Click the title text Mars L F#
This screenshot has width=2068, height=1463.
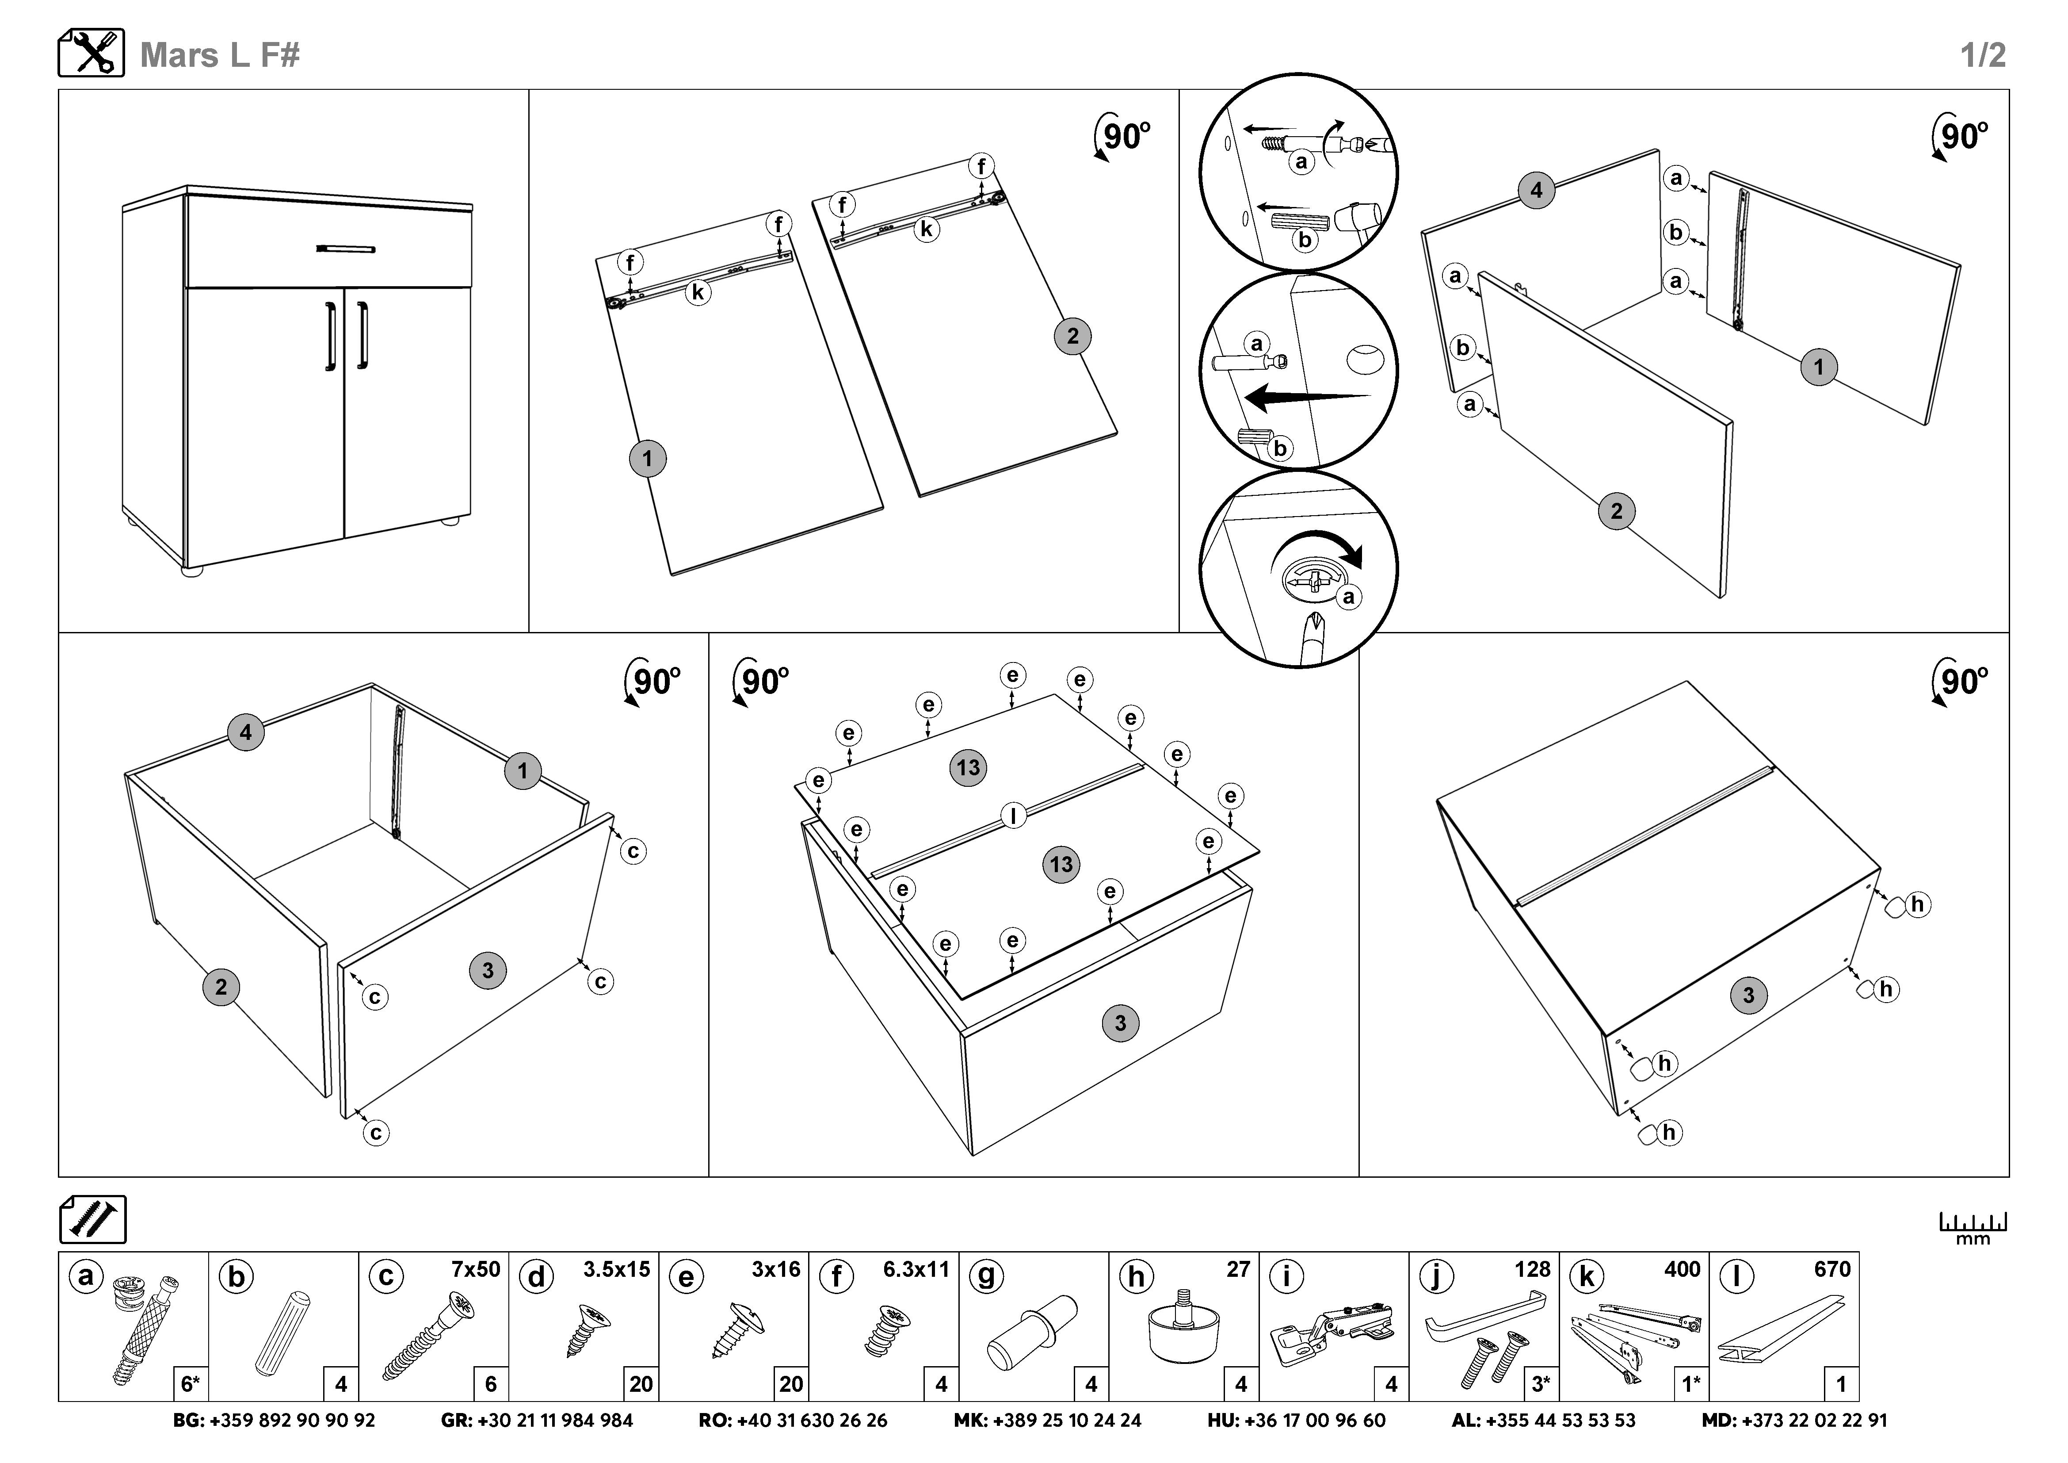(220, 55)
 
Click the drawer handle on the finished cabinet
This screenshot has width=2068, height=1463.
(346, 248)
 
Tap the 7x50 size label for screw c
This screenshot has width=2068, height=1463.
(476, 1269)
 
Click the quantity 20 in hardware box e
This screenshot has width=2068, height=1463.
(791, 1384)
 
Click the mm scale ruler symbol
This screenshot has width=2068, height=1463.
(1973, 1227)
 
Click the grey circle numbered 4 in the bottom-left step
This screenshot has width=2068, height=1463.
(246, 732)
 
